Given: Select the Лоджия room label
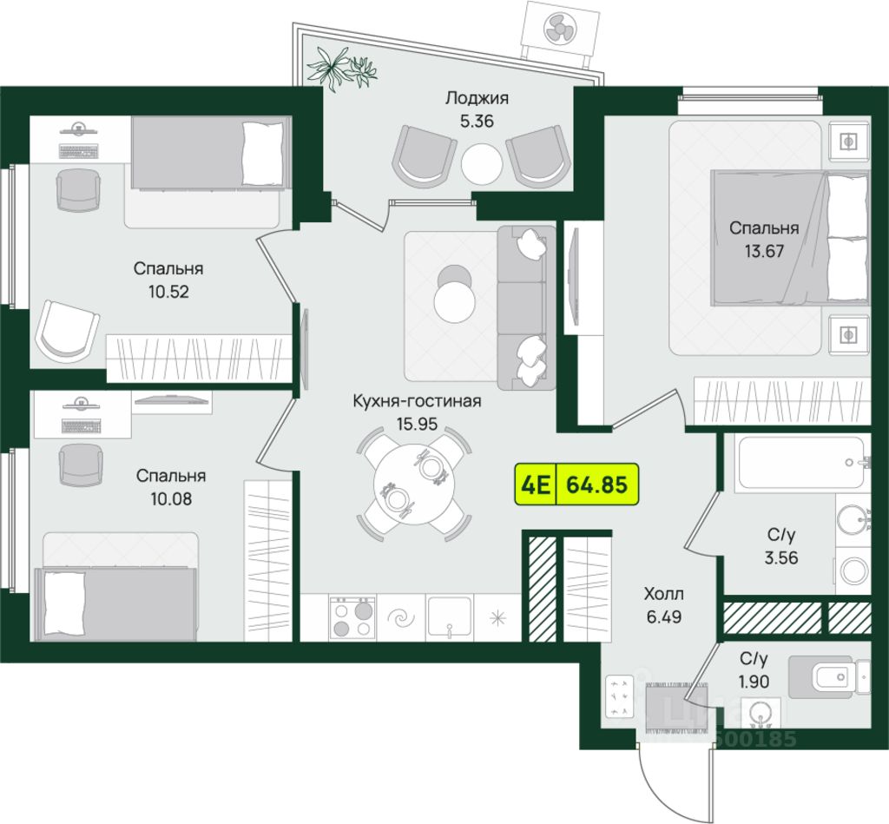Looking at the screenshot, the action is pyautogui.click(x=477, y=98).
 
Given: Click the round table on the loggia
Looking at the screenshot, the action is pyautogui.click(x=482, y=161).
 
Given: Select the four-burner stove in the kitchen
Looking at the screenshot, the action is pyautogui.click(x=352, y=617).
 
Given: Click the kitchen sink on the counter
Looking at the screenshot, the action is pyautogui.click(x=449, y=616).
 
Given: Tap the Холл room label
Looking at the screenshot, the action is pyautogui.click(x=663, y=595).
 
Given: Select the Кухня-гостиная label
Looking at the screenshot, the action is pyautogui.click(x=417, y=401).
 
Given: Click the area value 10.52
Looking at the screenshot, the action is pyautogui.click(x=168, y=290).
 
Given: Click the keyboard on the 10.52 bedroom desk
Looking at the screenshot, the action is pyautogui.click(x=80, y=150).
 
